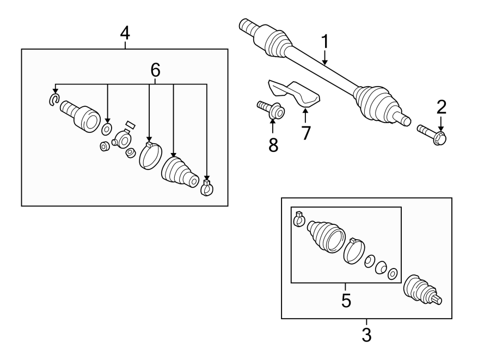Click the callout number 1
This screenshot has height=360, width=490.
coord(325,41)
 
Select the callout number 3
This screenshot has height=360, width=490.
coord(366,334)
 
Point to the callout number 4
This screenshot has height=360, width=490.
coord(125,33)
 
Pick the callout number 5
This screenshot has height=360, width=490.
coord(346,300)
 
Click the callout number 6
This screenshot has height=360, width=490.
coord(155,70)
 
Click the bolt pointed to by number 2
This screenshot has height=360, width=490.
coord(432,135)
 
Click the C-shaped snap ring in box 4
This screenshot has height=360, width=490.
coord(54,99)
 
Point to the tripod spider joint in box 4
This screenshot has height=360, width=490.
coord(122,139)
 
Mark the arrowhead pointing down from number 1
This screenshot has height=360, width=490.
coord(325,63)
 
